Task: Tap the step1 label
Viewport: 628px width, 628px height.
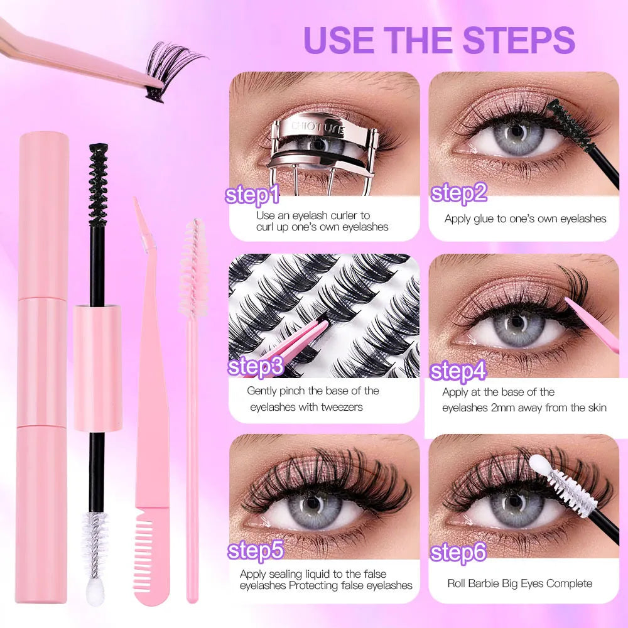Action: [252, 195]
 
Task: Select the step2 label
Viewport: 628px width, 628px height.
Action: [459, 193]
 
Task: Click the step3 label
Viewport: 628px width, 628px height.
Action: [255, 366]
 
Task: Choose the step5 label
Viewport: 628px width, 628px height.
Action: [256, 551]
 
